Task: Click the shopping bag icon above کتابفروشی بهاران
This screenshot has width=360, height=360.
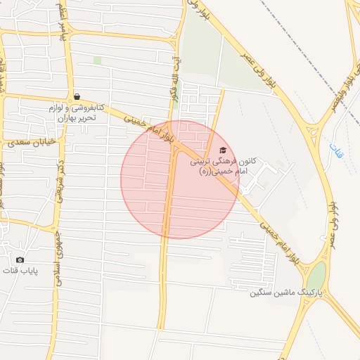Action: pyautogui.click(x=76, y=96)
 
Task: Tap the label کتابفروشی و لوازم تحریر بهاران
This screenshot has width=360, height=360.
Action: pyautogui.click(x=76, y=112)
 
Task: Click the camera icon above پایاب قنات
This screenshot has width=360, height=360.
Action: pyautogui.click(x=20, y=259)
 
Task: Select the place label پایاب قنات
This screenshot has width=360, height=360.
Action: pyautogui.click(x=20, y=271)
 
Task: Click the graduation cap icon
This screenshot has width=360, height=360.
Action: pyautogui.click(x=223, y=150)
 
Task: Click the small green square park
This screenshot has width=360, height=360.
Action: pyautogui.click(x=97, y=60)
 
